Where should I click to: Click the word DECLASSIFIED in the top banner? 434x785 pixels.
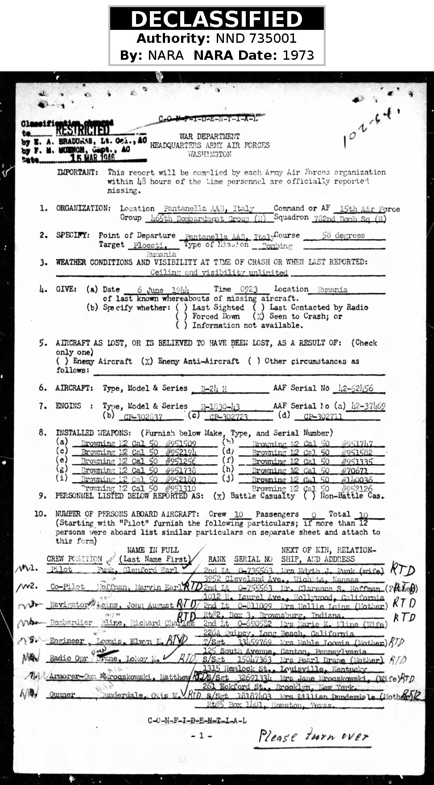[217, 19]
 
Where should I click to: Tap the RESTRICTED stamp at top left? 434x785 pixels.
[83, 130]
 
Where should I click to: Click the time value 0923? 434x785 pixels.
[249, 289]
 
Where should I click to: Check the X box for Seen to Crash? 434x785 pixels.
[259, 316]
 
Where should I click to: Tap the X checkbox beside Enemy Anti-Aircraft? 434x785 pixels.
[147, 361]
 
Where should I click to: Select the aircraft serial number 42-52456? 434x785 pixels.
[355, 388]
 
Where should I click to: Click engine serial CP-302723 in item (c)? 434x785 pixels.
[228, 417]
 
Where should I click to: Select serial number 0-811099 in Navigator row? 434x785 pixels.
[255, 606]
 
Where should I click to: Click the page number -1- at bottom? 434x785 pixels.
[201, 736]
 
